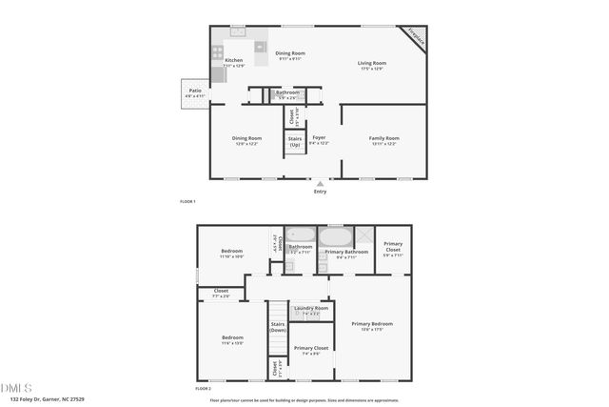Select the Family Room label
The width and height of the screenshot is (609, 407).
(x=384, y=138)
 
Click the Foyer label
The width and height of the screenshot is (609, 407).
(x=319, y=138)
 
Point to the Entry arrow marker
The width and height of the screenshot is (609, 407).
(x=320, y=184)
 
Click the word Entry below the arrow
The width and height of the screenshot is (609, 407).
(x=320, y=192)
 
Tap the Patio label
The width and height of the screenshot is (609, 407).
(x=194, y=91)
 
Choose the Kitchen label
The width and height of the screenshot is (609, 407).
(x=234, y=61)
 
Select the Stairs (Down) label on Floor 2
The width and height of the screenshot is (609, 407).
(x=278, y=327)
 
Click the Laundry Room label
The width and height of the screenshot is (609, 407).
(x=311, y=308)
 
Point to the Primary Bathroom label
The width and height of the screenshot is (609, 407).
(x=340, y=252)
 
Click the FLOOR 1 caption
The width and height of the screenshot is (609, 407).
(x=187, y=201)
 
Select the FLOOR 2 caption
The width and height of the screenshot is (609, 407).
(x=202, y=388)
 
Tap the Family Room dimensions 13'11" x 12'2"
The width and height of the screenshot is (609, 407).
(x=384, y=144)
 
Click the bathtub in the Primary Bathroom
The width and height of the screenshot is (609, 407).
(x=335, y=235)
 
